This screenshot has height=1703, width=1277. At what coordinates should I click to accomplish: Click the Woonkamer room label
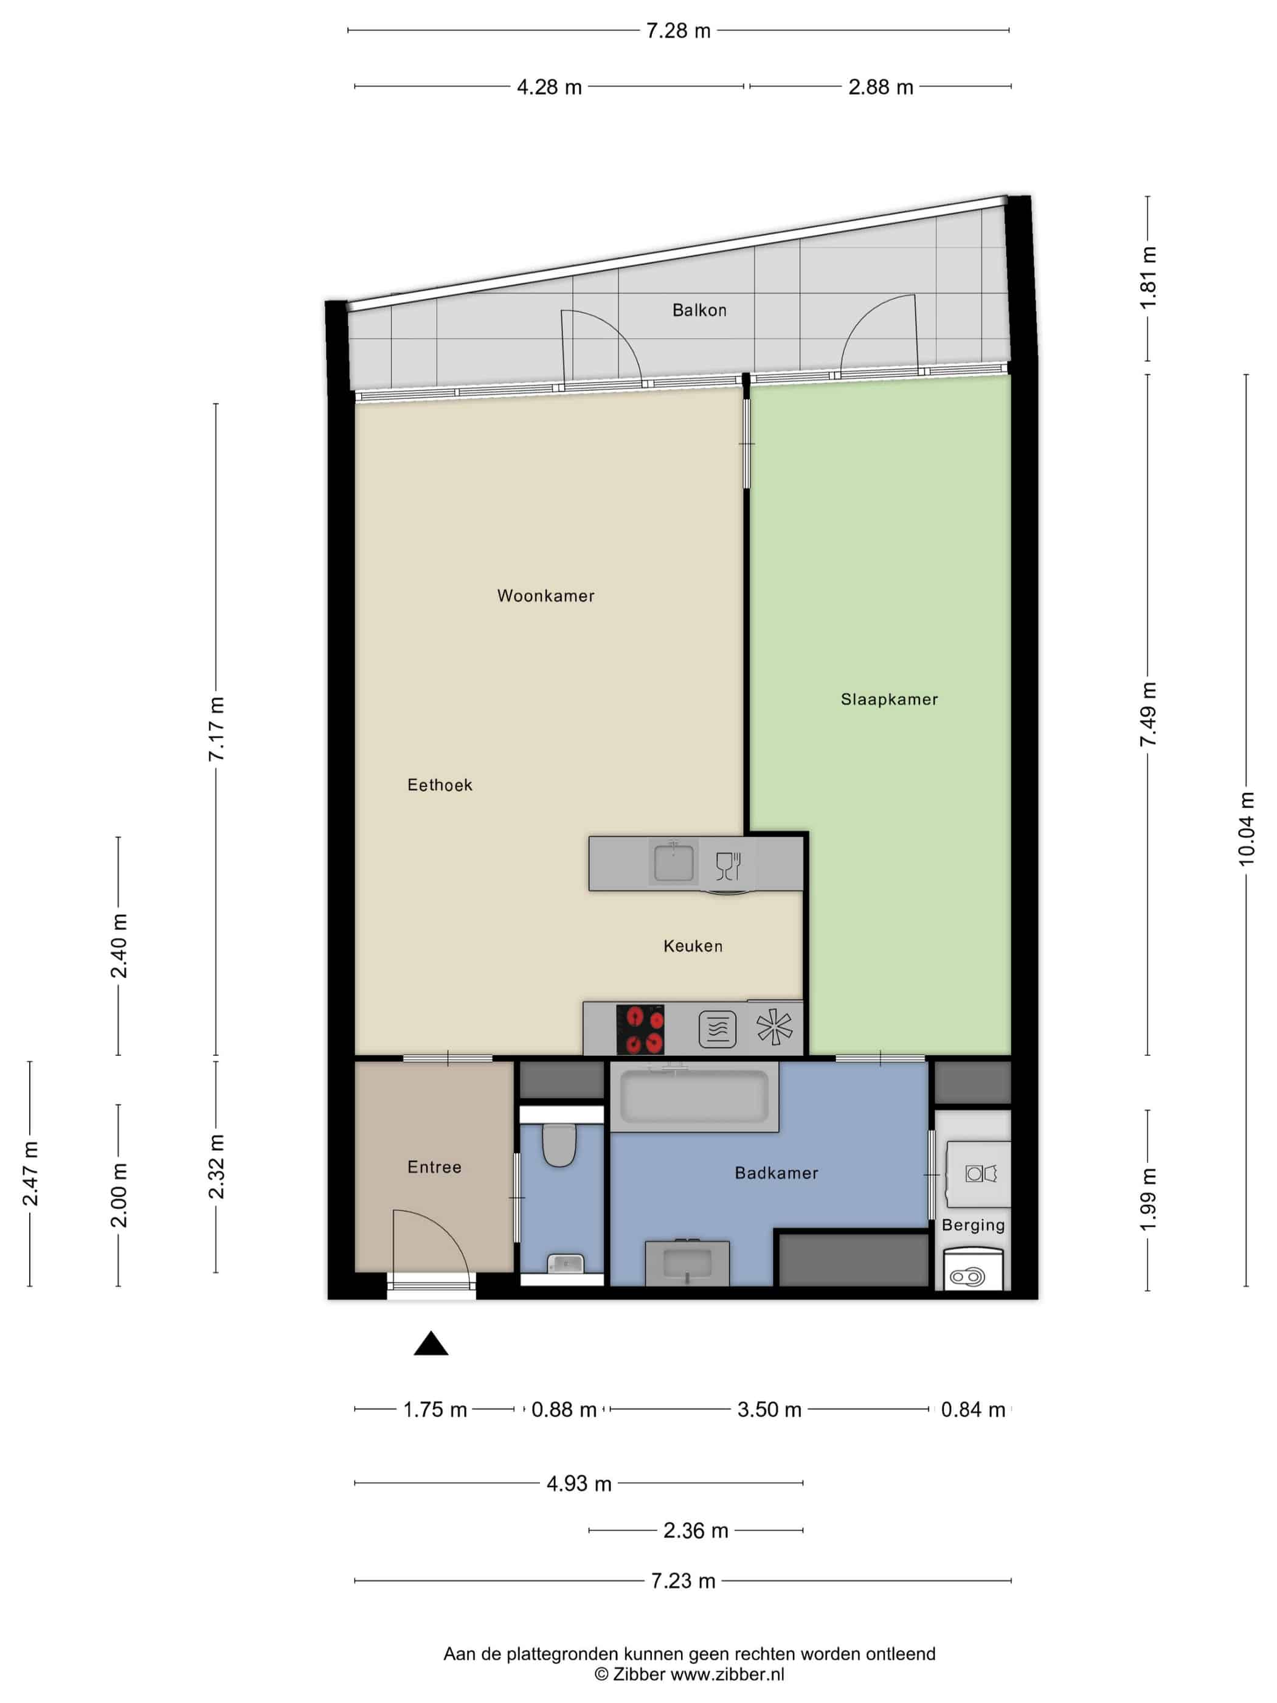click(545, 596)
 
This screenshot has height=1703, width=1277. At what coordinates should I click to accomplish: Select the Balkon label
click(699, 310)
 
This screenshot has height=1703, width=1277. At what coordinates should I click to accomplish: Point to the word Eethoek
click(440, 785)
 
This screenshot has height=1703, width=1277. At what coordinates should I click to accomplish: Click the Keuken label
click(693, 946)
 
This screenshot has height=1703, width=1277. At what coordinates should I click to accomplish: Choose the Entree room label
click(434, 1167)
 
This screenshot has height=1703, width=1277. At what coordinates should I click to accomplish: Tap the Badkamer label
click(776, 1173)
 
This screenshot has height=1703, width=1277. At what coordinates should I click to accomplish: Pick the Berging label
click(973, 1225)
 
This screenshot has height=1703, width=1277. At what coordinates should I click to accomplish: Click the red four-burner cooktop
click(640, 1029)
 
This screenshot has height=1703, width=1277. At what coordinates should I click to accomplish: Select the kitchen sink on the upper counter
click(674, 862)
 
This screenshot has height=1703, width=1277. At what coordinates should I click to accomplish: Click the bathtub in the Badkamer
click(694, 1097)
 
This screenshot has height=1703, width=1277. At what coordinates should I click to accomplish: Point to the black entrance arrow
click(431, 1344)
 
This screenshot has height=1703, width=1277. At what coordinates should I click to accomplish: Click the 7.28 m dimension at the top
click(678, 31)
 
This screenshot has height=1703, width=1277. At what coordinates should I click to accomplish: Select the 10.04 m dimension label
click(1246, 828)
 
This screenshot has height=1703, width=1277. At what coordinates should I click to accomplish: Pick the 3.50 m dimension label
click(769, 1410)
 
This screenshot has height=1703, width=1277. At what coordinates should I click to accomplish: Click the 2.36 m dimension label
click(695, 1530)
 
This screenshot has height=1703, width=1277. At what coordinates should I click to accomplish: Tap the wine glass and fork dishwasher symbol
click(728, 865)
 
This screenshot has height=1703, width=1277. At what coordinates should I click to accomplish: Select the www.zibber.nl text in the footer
click(727, 1674)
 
